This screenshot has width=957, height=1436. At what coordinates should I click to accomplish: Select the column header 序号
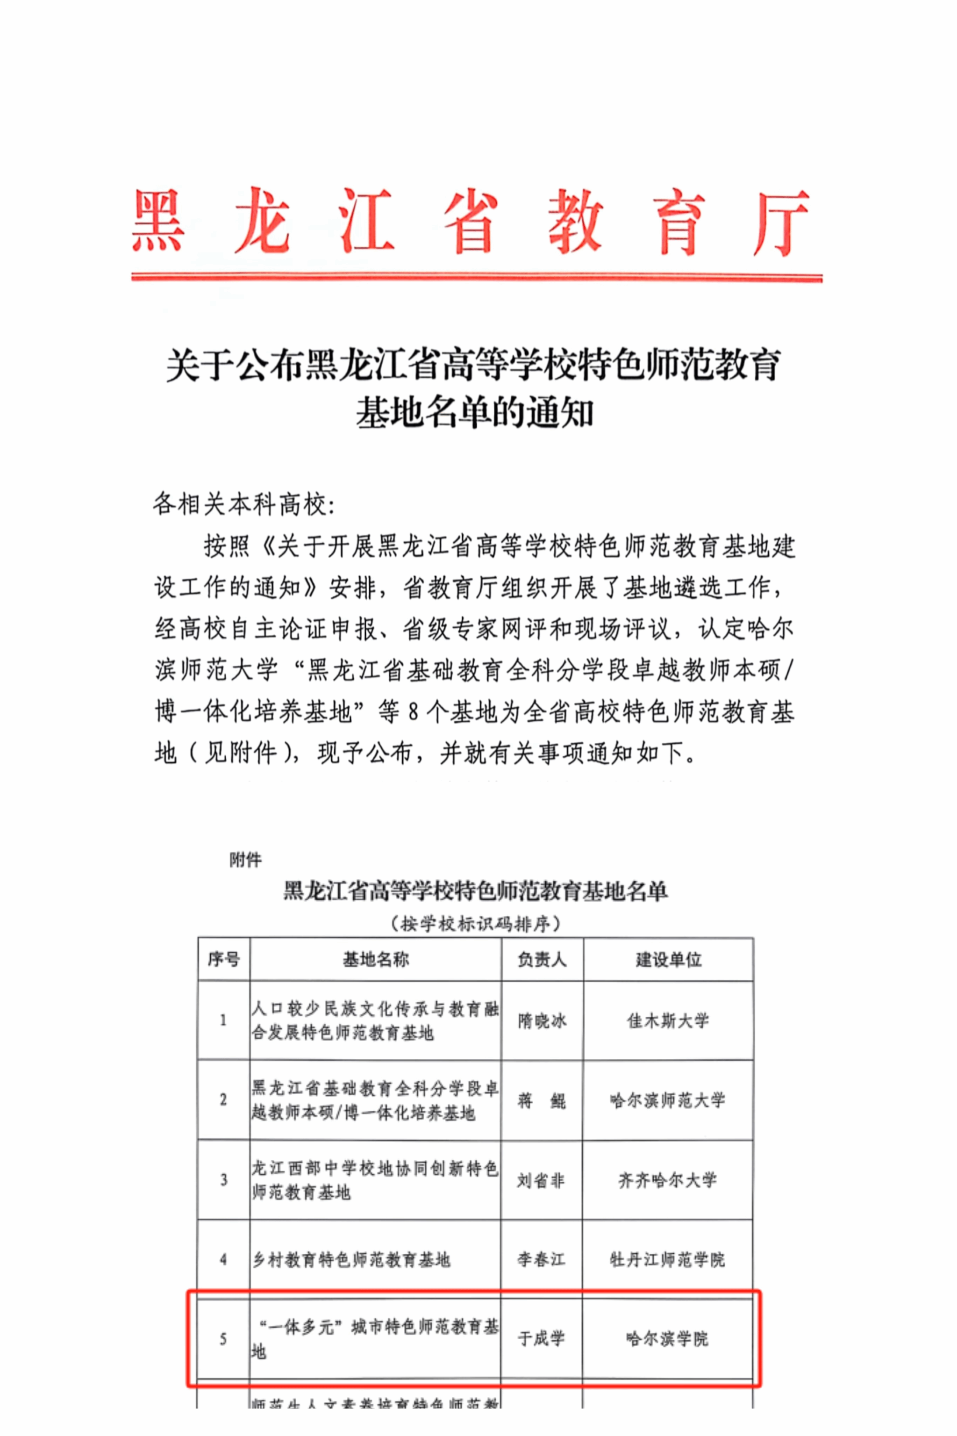coord(223,959)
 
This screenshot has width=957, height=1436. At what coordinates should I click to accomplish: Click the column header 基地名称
coord(375,959)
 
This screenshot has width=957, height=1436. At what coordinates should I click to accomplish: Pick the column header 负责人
coord(542,959)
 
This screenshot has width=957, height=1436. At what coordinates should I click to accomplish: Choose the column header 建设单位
coord(668,959)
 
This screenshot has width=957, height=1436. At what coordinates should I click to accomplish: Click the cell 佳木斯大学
coord(668,1020)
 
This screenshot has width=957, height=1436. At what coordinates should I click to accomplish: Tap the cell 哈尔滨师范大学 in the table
coord(668,1100)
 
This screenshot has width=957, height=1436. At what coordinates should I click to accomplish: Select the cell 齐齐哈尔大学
coord(668,1180)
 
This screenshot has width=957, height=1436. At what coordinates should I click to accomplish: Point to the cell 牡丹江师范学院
coord(668,1260)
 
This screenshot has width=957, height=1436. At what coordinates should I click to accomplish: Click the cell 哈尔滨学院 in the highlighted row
coord(668,1339)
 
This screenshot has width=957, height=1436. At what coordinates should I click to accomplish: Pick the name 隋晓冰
coord(542,1021)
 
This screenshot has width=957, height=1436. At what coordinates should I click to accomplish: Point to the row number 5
coord(223,1339)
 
